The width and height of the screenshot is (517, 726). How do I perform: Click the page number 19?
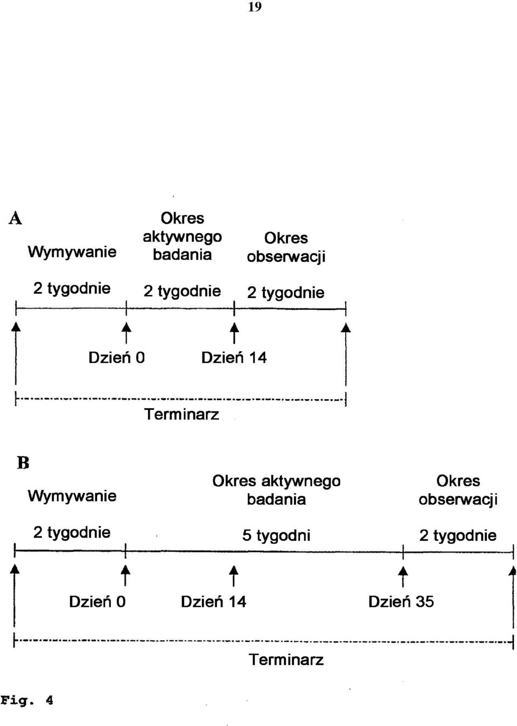pyautogui.click(x=255, y=7)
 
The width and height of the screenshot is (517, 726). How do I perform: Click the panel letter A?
pyautogui.click(x=15, y=218)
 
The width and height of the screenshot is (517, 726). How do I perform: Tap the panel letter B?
pyautogui.click(x=23, y=463)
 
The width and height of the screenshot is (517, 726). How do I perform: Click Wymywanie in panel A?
pyautogui.click(x=72, y=252)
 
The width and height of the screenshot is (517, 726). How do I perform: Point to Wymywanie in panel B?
pyautogui.click(x=72, y=496)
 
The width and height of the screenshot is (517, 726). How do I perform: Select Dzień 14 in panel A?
pyautogui.click(x=234, y=358)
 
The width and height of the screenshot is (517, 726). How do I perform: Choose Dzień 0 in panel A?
pyautogui.click(x=116, y=358)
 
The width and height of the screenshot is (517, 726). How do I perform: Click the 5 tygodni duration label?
pyautogui.click(x=276, y=535)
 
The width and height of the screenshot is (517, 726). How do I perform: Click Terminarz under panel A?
pyautogui.click(x=181, y=414)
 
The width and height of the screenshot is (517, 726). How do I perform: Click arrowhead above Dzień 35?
pyautogui.click(x=403, y=570)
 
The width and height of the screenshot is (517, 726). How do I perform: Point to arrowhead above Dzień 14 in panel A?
pyautogui.click(x=234, y=327)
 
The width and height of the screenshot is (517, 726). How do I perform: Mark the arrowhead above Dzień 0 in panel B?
pyautogui.click(x=125, y=570)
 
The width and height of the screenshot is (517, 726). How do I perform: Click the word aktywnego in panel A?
pyautogui.click(x=182, y=238)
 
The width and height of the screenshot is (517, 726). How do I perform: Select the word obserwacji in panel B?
pyautogui.click(x=458, y=499)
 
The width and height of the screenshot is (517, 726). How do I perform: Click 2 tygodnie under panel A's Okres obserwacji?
pyautogui.click(x=285, y=292)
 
